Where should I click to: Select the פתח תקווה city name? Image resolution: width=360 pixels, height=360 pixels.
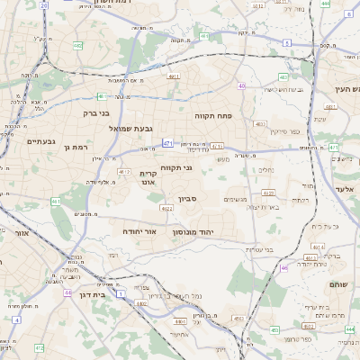click(x=213, y=116)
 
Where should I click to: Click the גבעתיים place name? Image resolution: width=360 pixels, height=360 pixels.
click(x=40, y=141)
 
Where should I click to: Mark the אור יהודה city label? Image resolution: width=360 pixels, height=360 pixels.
click(x=139, y=231)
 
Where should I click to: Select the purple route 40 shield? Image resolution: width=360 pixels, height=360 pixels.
click(x=241, y=85)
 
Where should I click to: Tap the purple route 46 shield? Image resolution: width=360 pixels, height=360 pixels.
click(x=283, y=267)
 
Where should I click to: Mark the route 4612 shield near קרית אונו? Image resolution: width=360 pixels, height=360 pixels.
click(x=124, y=171)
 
